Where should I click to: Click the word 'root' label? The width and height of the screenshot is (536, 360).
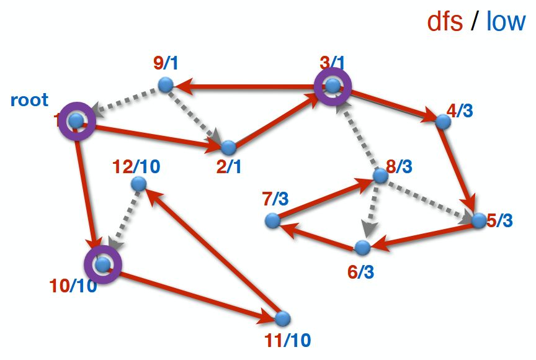[x=29, y=101]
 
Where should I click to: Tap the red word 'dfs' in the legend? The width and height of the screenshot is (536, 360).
[x=445, y=22]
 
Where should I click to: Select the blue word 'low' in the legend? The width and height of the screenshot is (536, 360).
[x=506, y=22]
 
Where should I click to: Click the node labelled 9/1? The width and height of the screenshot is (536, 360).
[x=165, y=84]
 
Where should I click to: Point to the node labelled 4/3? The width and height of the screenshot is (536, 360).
[x=442, y=121]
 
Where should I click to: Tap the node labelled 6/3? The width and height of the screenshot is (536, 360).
[x=362, y=248]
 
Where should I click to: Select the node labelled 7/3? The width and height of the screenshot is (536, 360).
[x=272, y=220]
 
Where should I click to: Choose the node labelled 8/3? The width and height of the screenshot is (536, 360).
[x=380, y=176]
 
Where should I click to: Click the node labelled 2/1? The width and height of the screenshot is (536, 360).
[x=229, y=148]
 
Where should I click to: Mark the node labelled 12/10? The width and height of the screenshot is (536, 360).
[x=139, y=184]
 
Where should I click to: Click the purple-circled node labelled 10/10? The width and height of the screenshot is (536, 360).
[x=103, y=265]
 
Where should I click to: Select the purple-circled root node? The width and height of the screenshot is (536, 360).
[x=76, y=121]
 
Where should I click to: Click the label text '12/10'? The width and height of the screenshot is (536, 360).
[x=137, y=166]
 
